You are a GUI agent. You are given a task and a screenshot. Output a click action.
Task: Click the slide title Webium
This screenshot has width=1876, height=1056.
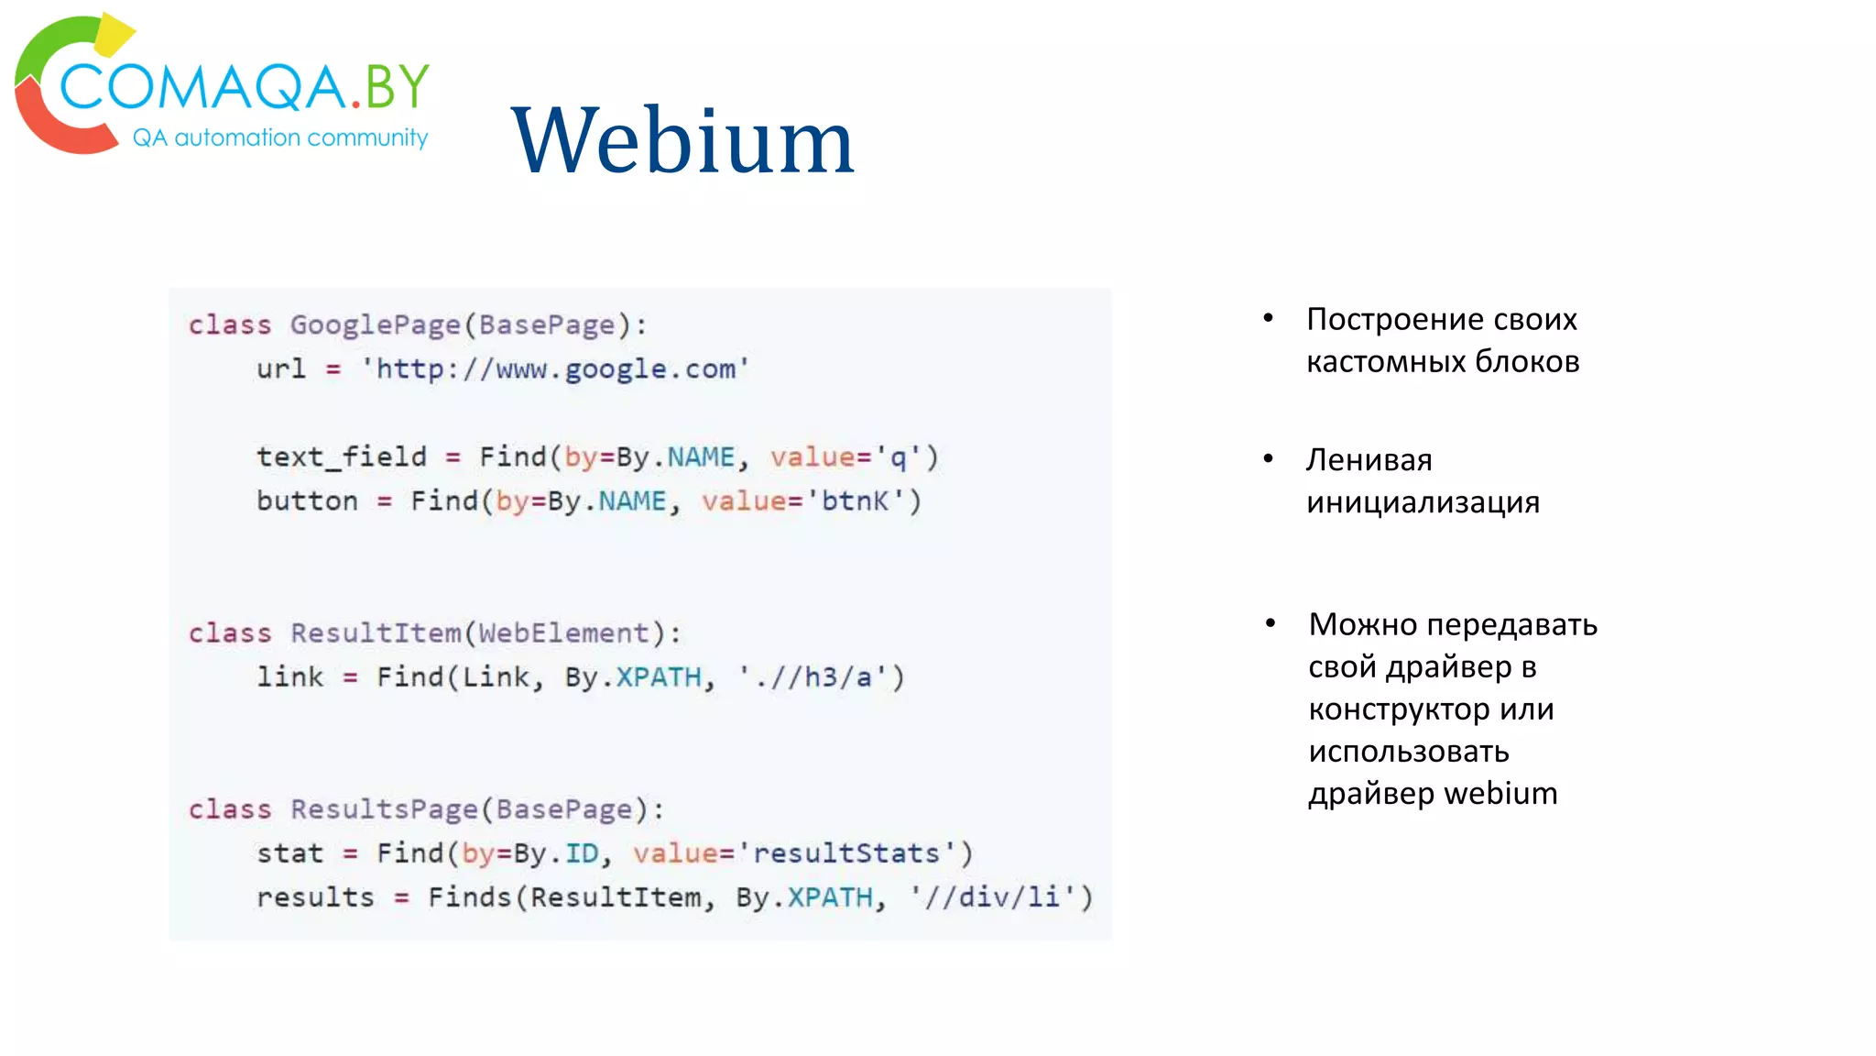(x=682, y=141)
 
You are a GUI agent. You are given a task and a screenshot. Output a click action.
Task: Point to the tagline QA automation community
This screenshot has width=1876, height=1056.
(x=280, y=137)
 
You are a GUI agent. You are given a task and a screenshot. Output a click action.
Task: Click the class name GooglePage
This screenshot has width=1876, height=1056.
(x=375, y=325)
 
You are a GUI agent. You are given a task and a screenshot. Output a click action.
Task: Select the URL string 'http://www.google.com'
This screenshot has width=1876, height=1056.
(x=555, y=369)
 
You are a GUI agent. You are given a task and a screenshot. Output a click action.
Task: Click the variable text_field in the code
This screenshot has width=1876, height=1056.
(x=341, y=456)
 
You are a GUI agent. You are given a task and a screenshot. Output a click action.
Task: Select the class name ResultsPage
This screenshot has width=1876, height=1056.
(x=384, y=809)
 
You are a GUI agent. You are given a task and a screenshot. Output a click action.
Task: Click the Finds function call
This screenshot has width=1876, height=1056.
(x=469, y=897)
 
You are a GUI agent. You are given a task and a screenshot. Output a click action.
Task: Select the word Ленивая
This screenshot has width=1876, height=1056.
(x=1369, y=460)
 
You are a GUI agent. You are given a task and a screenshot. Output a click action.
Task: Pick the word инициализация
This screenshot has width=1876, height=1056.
(x=1423, y=502)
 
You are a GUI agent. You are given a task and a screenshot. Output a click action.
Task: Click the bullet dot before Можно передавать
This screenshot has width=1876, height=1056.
(x=1270, y=623)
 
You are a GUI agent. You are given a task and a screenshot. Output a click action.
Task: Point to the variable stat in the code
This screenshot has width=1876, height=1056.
(x=289, y=853)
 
